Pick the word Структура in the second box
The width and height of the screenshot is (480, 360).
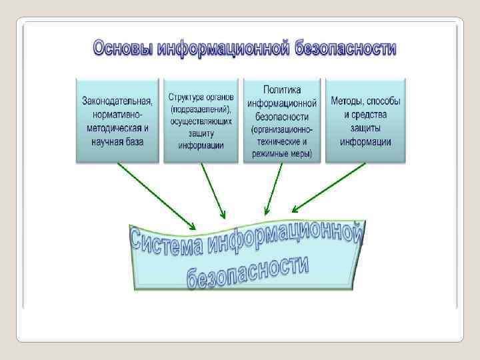[x=185, y=97]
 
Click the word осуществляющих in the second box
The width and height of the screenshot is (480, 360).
[x=201, y=121]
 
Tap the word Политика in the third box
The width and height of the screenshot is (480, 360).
[x=281, y=89]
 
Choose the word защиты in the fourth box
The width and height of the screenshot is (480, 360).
[x=365, y=128]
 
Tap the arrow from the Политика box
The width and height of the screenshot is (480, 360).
[x=274, y=189]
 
